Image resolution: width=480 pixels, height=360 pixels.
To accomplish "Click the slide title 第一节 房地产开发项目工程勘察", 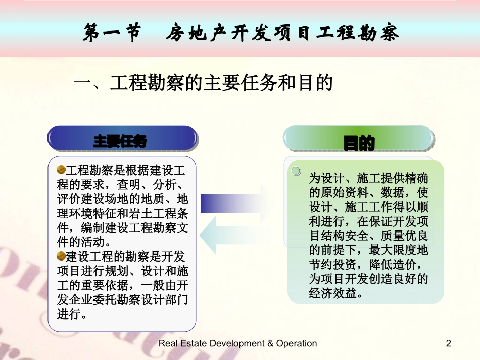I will coord(241,34).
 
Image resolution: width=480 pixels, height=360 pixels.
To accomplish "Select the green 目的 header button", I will coord(359,143).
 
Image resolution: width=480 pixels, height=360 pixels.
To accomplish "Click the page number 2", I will coord(448,344).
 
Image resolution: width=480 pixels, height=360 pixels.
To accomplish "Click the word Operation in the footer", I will coord(296,344).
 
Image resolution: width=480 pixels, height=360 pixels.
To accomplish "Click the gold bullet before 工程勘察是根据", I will coord(61,169).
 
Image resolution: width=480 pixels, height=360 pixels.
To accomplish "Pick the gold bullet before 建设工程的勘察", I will coord(61,255).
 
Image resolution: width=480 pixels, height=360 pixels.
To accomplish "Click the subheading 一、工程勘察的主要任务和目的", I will coord(203,83).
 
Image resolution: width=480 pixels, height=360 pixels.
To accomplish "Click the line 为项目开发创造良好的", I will coord(368,279).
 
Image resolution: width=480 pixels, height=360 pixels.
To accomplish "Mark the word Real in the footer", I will coord(169,344).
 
